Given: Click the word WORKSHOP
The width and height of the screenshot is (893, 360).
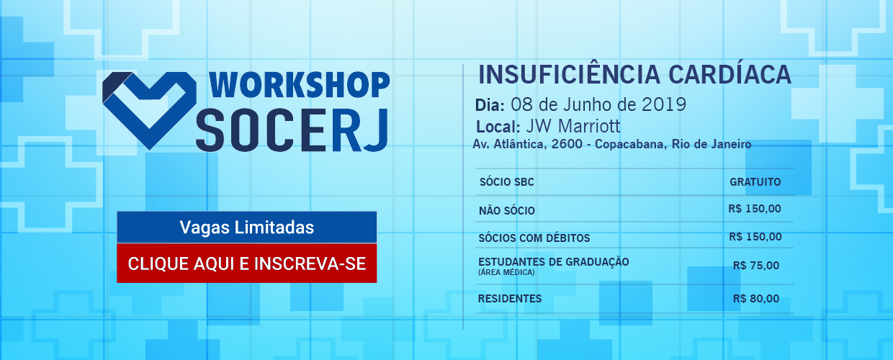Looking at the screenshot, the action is pyautogui.click(x=300, y=85).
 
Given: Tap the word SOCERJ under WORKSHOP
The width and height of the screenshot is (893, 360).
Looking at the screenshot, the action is pyautogui.click(x=292, y=130).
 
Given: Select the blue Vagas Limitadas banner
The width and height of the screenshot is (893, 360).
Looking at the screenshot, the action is pyautogui.click(x=247, y=228).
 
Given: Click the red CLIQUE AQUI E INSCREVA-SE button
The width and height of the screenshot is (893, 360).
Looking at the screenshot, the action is pyautogui.click(x=247, y=264).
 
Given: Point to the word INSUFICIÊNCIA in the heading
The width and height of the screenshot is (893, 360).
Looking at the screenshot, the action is pyautogui.click(x=569, y=74).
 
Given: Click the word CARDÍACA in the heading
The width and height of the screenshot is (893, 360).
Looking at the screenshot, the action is pyautogui.click(x=730, y=74).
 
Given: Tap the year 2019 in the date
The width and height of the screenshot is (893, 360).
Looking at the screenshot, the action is pyautogui.click(x=664, y=105).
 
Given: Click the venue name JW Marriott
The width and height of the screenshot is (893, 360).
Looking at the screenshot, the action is pyautogui.click(x=573, y=127).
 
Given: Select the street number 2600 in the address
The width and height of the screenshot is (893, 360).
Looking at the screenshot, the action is pyautogui.click(x=567, y=144).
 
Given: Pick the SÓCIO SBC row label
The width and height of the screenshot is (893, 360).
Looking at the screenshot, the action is pyautogui.click(x=507, y=182).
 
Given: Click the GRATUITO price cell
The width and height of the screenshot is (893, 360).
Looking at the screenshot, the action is pyautogui.click(x=755, y=182).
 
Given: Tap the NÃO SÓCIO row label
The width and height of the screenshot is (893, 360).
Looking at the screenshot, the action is pyautogui.click(x=507, y=210).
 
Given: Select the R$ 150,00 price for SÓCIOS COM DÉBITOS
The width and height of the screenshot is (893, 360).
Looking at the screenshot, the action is pyautogui.click(x=755, y=237).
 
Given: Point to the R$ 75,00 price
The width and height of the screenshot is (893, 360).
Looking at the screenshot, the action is pyautogui.click(x=756, y=266).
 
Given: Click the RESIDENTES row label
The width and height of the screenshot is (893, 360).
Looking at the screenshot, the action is pyautogui.click(x=510, y=299).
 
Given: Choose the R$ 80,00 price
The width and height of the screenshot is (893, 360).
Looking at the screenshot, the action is pyautogui.click(x=756, y=299).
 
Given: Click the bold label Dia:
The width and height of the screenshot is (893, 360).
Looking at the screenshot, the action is pyautogui.click(x=490, y=105).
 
